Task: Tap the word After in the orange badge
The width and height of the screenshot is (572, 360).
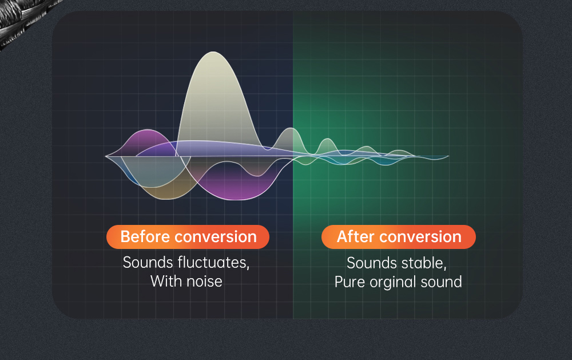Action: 356,236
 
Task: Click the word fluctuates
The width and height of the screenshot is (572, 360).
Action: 213,263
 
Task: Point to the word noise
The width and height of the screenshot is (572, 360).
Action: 204,282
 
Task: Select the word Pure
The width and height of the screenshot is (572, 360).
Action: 350,282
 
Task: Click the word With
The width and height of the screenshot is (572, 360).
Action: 166,282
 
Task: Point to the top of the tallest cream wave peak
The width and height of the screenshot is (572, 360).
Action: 213,52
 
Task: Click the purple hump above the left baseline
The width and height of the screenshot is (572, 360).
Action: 148,141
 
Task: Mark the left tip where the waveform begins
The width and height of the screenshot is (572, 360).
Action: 105,156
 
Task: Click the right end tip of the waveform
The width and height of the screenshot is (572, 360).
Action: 448,156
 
